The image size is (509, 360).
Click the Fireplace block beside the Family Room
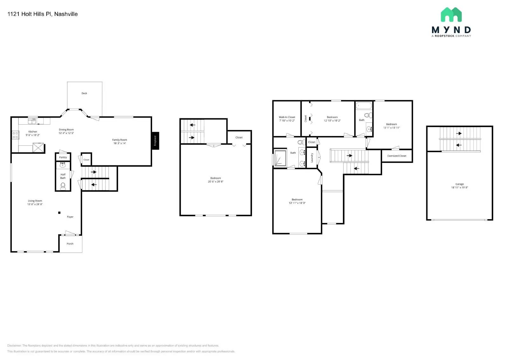click(155, 141)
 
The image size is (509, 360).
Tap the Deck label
click(84, 93)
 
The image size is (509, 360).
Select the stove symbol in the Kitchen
click(15, 135)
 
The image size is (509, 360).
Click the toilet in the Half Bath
click(63, 186)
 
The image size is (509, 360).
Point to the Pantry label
click(63, 157)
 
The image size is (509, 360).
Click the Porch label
click(70, 244)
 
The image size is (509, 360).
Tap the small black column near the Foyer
click(59, 213)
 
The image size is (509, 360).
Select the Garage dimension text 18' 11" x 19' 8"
click(459, 188)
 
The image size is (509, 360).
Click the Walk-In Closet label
click(287, 117)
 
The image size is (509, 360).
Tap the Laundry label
click(312, 158)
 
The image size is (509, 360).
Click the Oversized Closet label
click(397, 156)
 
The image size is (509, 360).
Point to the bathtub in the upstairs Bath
click(364, 106)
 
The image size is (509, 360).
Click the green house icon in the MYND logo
click(451, 15)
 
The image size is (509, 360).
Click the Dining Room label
click(66, 129)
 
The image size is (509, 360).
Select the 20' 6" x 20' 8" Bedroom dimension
click(216, 182)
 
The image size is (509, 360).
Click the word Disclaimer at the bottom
click(14, 345)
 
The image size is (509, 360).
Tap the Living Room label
click(35, 201)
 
